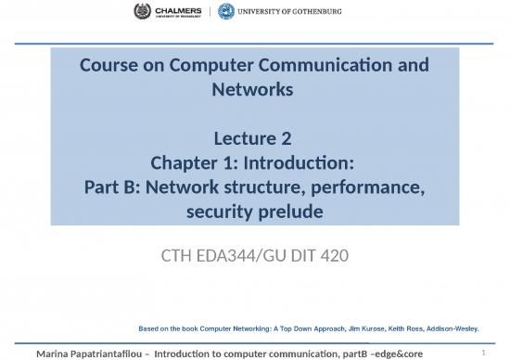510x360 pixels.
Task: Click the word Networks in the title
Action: click(x=253, y=89)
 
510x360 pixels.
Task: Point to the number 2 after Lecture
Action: click(x=287, y=140)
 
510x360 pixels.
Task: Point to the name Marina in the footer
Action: click(x=57, y=353)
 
